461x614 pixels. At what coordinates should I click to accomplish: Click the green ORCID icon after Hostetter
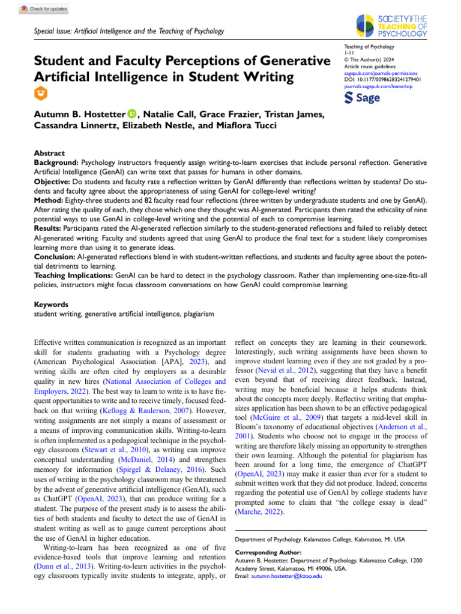(x=131, y=115)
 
